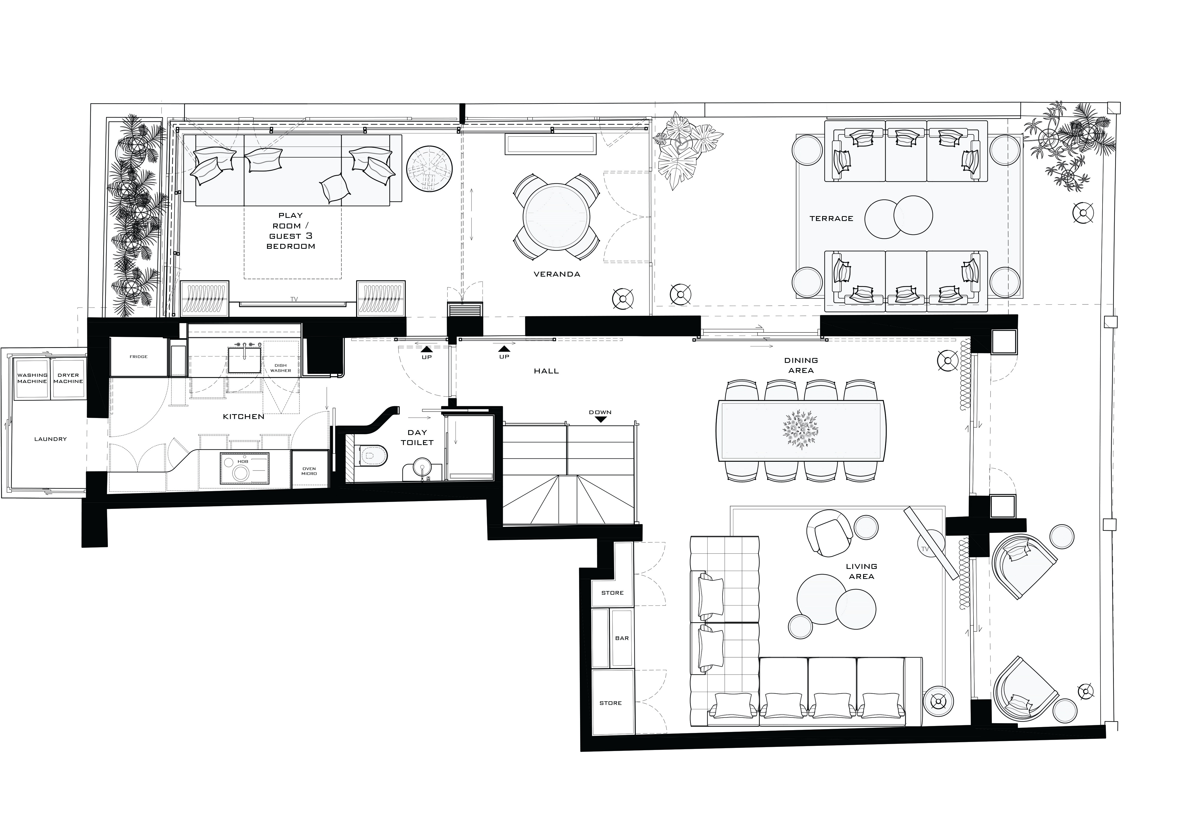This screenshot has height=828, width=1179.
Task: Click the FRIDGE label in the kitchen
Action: coord(139,356)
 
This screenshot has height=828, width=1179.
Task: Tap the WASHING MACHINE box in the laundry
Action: coord(32,378)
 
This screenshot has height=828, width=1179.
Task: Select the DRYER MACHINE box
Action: coord(68,378)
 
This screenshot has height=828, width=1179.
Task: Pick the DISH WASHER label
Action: coord(280,368)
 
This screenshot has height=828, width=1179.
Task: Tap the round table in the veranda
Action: coord(556,217)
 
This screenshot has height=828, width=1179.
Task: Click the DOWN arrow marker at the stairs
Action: coord(600,419)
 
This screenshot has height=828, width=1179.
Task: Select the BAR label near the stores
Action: coord(622,638)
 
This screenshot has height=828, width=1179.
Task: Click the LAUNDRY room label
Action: coord(50,439)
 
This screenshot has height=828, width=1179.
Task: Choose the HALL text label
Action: coord(546,371)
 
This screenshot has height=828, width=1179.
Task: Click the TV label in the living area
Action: coord(925,549)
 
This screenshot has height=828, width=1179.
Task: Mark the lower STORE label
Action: coord(610,703)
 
